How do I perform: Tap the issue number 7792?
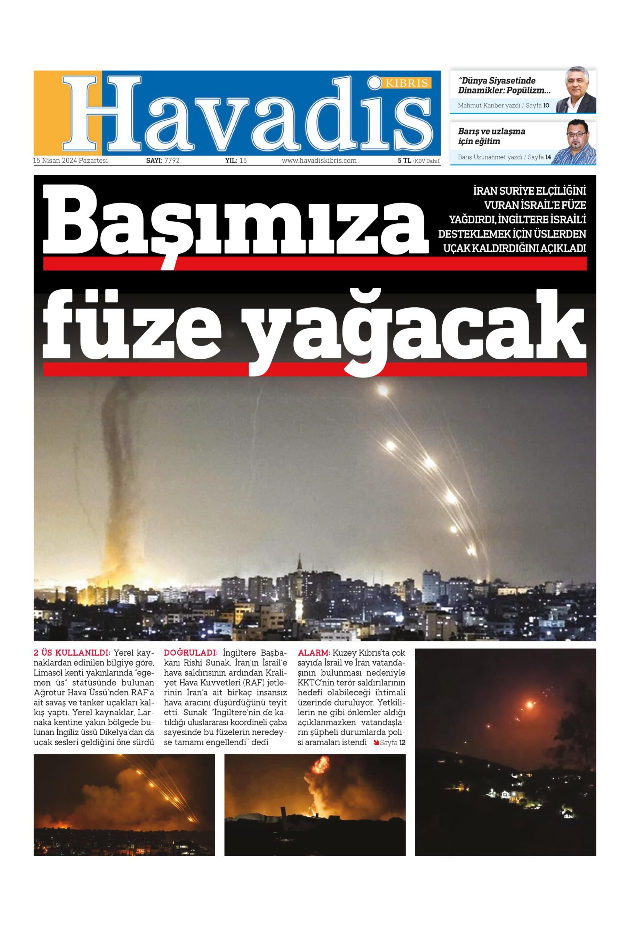172,161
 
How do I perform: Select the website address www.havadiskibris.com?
319,161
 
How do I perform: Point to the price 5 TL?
404,161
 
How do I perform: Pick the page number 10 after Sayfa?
546,106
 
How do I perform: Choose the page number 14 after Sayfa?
548,157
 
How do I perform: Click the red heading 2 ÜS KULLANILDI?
71,653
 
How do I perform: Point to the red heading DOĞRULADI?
191,653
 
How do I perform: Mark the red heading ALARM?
314,653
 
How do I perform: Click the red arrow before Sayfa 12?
375,743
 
